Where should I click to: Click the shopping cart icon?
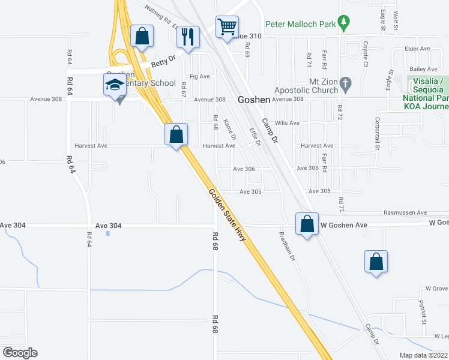point(227,26)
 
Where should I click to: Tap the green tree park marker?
point(343,23)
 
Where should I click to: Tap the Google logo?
point(20,352)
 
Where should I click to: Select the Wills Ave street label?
point(287,123)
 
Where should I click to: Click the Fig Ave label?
point(199,77)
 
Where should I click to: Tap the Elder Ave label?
point(418,49)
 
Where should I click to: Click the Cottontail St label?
point(378,133)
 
